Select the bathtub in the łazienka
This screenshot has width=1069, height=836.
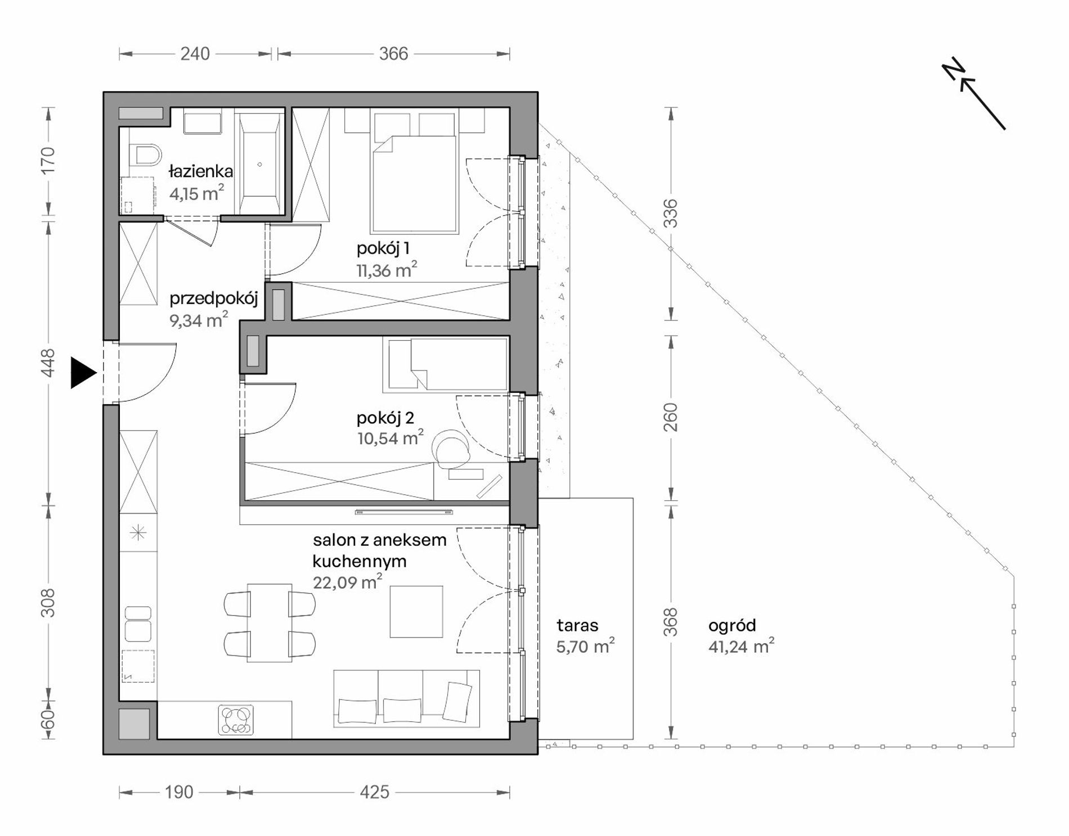(x=259, y=164)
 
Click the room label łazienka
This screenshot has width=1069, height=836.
(x=201, y=171)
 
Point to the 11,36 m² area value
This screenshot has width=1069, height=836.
(x=387, y=270)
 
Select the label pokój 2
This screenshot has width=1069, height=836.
(x=385, y=418)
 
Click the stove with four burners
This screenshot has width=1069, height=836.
(x=236, y=720)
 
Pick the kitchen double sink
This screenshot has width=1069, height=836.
(x=138, y=623)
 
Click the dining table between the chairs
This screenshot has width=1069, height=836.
(x=270, y=623)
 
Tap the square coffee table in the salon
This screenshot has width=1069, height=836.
(x=416, y=612)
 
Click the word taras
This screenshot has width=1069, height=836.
(x=577, y=625)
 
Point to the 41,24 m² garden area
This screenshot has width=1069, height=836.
(x=741, y=647)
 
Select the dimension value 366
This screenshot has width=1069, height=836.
(x=393, y=54)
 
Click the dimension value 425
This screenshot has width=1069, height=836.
(x=374, y=793)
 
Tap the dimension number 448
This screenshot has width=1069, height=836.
(x=48, y=363)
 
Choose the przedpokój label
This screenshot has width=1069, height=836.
(x=214, y=299)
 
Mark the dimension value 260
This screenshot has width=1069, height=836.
(x=671, y=417)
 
